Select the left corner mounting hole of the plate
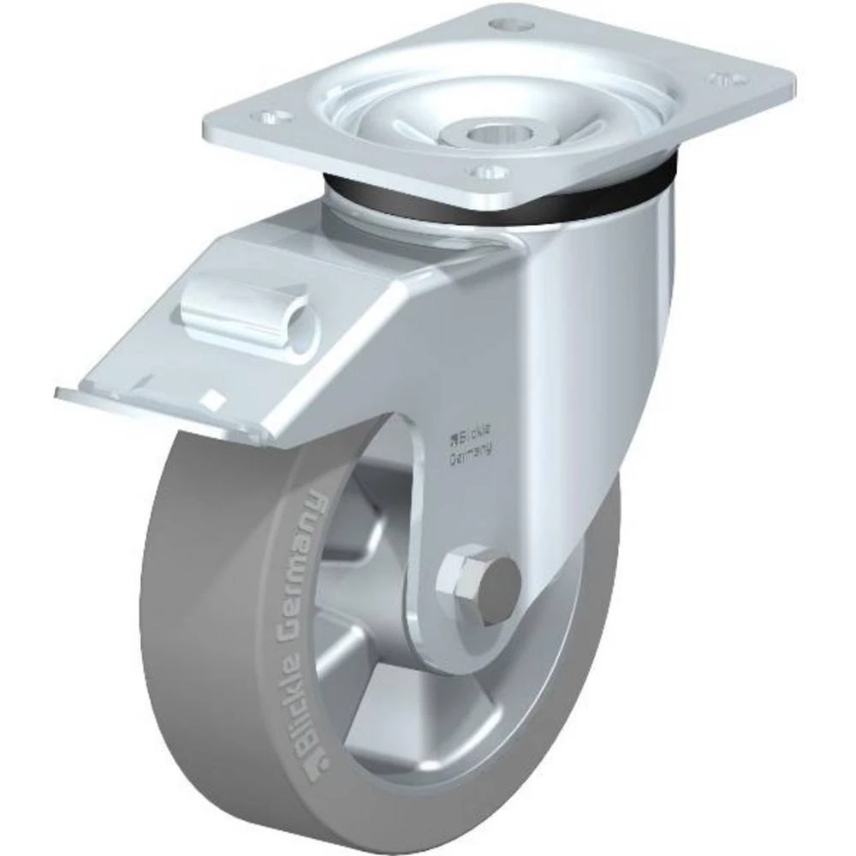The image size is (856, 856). click(x=272, y=116)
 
